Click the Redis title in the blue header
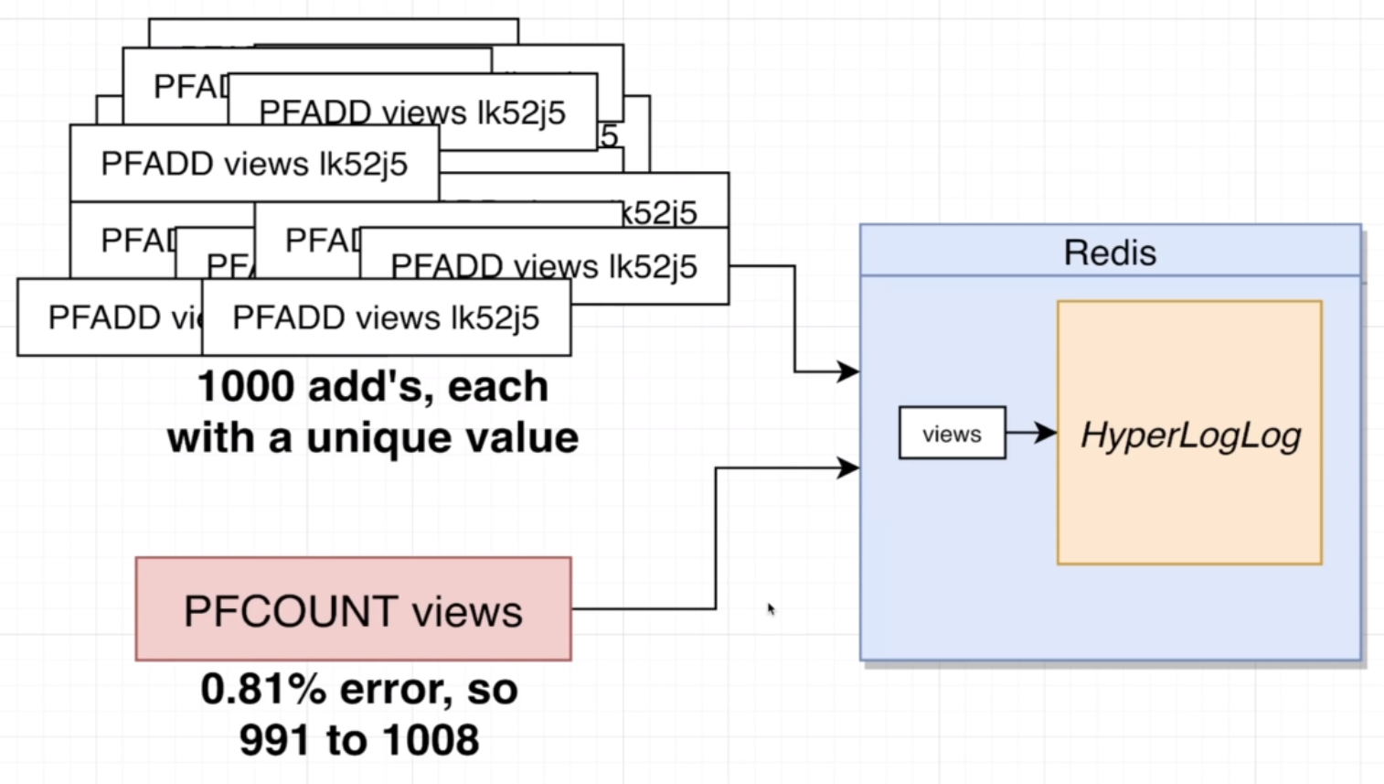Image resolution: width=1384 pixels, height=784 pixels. (1110, 252)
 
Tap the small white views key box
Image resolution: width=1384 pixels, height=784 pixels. (952, 434)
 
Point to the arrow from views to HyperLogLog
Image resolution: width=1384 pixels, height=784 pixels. (1033, 433)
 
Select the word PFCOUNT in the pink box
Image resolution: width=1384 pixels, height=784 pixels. (291, 611)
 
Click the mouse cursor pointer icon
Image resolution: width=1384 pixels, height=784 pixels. (772, 609)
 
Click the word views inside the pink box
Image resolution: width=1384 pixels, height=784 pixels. (467, 611)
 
